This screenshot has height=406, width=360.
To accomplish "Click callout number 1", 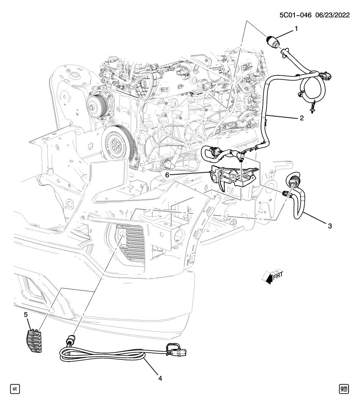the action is pos(296,29).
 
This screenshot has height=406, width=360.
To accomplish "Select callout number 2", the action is pos(302,118).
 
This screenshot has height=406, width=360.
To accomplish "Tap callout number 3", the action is pos(330,226).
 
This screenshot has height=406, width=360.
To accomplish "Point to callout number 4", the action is pos(160,378).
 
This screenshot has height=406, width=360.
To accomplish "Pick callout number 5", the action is pos(26,315).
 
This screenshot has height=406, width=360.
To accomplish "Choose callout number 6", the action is pos(167,175).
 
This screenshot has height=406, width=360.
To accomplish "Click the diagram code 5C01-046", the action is pos(295,15).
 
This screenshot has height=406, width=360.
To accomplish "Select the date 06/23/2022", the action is pos(333,15).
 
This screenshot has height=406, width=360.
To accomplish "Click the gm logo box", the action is pos(344,389).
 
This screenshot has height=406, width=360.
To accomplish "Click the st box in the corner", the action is pos(15,389).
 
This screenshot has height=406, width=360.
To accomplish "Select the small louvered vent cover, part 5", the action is pos(34,341).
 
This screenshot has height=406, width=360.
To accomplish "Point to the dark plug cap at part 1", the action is pos(272,41).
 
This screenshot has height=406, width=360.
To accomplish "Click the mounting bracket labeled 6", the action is pos(234,177).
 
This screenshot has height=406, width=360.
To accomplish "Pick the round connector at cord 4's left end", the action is pos(71,339).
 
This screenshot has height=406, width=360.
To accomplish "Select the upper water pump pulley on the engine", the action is pos(97,105).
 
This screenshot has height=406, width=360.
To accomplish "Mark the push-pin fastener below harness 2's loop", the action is pos(313,107).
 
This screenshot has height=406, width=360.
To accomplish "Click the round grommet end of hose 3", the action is pos(292,180).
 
